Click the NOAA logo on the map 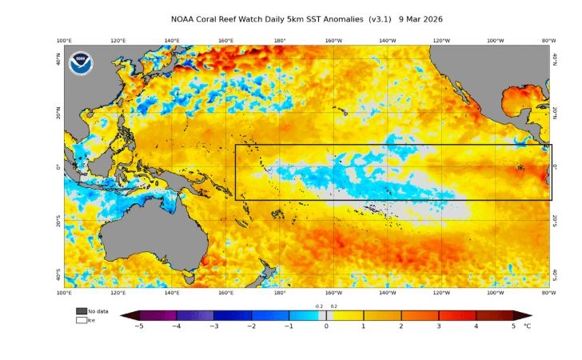(x=81, y=63)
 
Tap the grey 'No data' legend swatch (x=82, y=311)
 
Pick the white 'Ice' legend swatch (x=82, y=320)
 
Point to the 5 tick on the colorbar (x=514, y=326)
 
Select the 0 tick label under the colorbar (x=325, y=326)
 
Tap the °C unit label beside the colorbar (x=527, y=326)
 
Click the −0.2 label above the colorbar (x=318, y=306)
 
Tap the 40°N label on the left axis (x=58, y=61)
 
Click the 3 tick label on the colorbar (x=439, y=326)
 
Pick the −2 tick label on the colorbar (x=250, y=326)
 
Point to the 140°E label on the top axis (x=172, y=40)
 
